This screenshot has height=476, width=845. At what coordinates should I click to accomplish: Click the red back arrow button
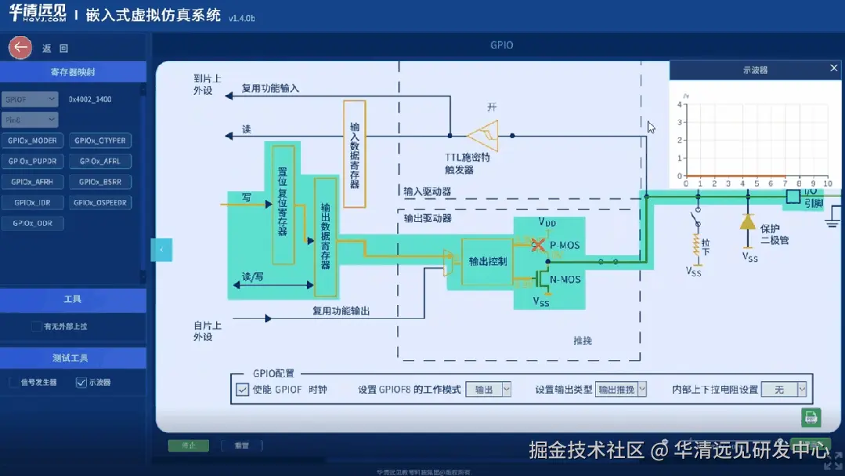click(20, 48)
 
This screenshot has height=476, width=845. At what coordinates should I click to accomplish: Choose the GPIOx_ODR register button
click(33, 223)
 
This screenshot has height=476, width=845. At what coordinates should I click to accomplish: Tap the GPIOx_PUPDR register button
click(33, 162)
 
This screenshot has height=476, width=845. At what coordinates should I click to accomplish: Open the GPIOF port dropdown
click(31, 100)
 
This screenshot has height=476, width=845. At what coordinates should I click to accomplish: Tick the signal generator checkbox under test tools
click(14, 383)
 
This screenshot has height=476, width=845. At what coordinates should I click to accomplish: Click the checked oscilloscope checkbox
click(81, 383)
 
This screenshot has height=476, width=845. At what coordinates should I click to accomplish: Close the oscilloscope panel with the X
click(834, 69)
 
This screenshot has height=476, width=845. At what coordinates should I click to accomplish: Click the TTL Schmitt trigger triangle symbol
click(486, 135)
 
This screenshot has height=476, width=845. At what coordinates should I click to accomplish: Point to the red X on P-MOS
click(537, 245)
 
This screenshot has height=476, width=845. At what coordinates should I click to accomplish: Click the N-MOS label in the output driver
click(565, 279)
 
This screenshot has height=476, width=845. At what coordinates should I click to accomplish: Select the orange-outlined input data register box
click(355, 154)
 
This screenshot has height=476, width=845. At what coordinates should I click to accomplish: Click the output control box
click(487, 261)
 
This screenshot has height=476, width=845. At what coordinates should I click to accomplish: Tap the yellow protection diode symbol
click(746, 222)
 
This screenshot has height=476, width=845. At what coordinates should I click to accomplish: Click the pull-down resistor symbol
click(695, 245)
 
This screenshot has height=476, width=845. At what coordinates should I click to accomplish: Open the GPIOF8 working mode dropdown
click(488, 389)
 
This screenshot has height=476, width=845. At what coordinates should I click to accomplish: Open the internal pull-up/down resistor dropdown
click(784, 389)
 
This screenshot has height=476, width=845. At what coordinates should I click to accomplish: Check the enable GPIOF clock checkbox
click(243, 389)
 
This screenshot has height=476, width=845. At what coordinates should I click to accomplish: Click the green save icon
click(811, 417)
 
